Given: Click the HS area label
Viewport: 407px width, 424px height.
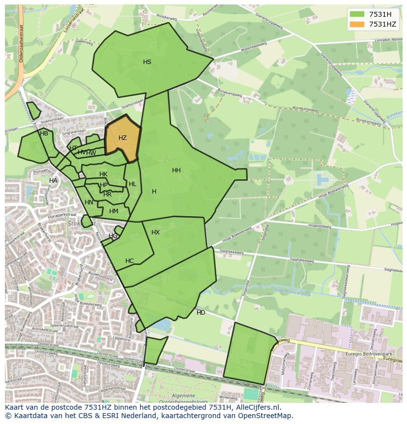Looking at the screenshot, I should pos(147,62).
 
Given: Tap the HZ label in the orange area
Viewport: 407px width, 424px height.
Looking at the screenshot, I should pos(123,138).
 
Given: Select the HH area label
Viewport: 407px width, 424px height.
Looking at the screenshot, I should pos(176,170).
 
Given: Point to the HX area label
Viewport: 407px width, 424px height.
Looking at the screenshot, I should pos(155,232).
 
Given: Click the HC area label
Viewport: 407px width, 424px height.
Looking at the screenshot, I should pos(129,261).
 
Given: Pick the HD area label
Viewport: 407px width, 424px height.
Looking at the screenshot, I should pos(201,313).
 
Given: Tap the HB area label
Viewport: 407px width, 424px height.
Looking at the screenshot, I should pos(44,133).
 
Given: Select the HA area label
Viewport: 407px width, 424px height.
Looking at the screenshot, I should pos(53,181).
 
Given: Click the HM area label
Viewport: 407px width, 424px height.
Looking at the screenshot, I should pos(114,211).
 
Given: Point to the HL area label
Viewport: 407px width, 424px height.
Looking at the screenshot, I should pos(132,184).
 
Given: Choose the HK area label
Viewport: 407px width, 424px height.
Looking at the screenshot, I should pos(103,174).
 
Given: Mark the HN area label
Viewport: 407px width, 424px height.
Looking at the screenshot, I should pos(89,202).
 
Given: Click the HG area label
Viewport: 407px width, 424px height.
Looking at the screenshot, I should pos(113,236).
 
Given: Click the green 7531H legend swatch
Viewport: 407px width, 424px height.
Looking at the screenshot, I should pos(357,14).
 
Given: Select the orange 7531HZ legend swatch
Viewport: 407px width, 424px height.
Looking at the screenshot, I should pos(357,24).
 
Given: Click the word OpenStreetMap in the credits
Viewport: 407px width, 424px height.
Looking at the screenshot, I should pos(263,416).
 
